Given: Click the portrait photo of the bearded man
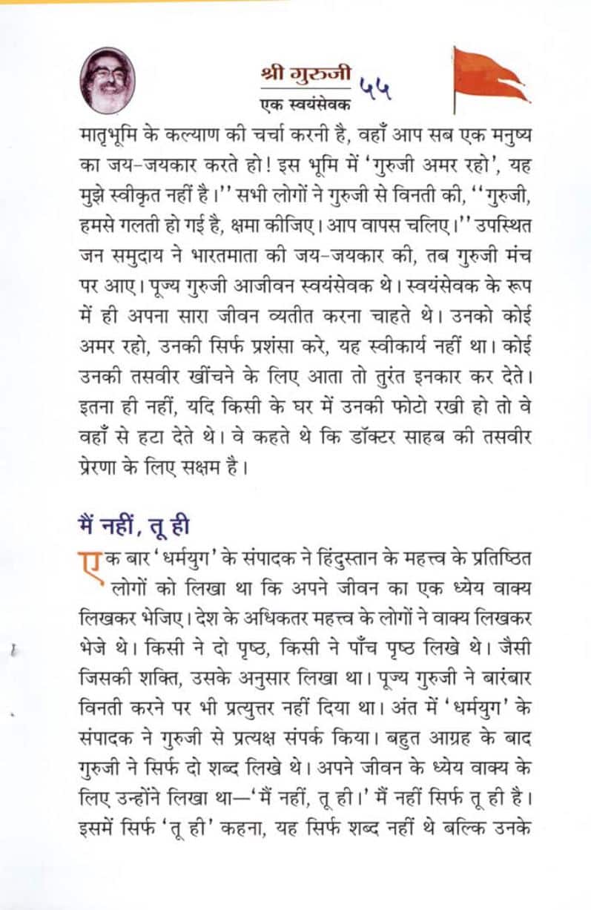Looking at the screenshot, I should tap(108, 79).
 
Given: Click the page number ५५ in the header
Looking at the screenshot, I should tap(376, 89).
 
